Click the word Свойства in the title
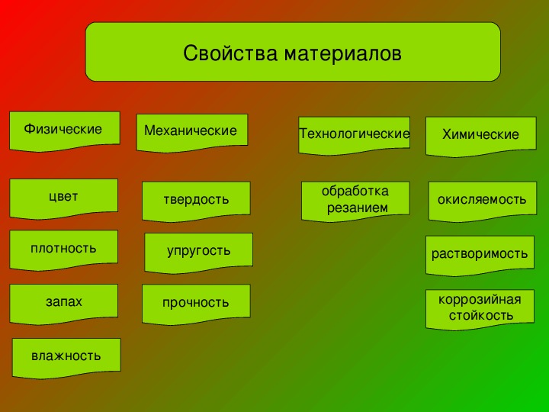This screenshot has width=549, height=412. point(230,53)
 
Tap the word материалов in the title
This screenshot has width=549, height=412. point(342,54)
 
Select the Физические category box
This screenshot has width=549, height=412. point(65,131)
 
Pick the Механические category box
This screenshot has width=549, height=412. point(192,133)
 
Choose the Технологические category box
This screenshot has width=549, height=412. point(354,135)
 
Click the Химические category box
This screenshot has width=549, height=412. point(480,137)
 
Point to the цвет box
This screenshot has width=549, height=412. point(64,198)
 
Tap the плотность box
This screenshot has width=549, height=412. point(64,249)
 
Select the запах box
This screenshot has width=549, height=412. point(64,304)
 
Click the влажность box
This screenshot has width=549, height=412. point(66,358)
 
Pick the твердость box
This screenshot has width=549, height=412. point(196,201)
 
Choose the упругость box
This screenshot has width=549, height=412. point(198,253)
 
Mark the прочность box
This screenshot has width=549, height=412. point(196,304)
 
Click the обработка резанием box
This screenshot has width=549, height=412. point(355,201)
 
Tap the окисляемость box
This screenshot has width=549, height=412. point(483,201)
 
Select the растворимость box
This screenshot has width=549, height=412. point(480,256)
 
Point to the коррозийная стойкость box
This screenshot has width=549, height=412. point(480,309)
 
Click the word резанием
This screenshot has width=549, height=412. point(358,208)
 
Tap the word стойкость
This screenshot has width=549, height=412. point(481,315)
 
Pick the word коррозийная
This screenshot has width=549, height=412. point(480,300)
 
